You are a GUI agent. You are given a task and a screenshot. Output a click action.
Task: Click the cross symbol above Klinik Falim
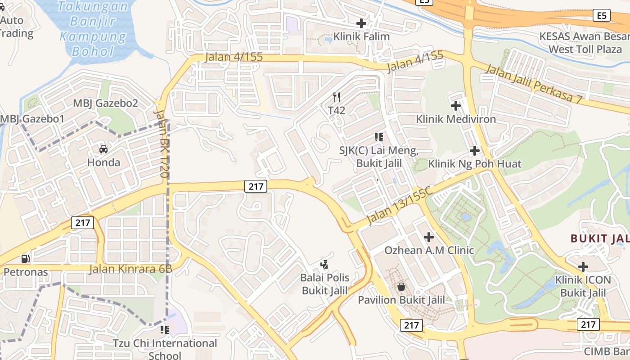(x=361, y=23)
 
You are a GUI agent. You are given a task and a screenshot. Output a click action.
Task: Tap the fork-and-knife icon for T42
(x=336, y=97)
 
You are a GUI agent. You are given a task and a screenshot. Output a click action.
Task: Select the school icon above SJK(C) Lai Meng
(x=379, y=137)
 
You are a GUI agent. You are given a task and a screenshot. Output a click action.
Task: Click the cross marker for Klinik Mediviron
(x=456, y=106)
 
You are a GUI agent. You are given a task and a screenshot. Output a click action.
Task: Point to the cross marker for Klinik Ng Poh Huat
(x=474, y=150)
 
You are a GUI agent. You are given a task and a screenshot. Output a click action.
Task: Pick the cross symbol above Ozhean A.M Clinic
(x=429, y=237)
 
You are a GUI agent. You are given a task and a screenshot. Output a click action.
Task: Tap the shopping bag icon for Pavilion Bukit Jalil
(x=401, y=287)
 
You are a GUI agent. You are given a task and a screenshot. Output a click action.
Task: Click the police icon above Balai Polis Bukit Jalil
(x=324, y=265)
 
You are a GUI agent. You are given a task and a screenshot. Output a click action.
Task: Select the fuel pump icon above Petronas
(x=26, y=259)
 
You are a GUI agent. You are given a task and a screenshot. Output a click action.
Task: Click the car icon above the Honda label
(x=103, y=149)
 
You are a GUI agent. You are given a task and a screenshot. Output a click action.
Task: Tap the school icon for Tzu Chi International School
(x=165, y=330)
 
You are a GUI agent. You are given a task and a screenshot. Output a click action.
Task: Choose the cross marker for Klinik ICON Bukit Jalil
(x=583, y=267)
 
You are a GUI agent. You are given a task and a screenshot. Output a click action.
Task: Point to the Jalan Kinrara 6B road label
(x=130, y=269)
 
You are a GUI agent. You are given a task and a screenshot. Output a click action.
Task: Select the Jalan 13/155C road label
(x=399, y=204)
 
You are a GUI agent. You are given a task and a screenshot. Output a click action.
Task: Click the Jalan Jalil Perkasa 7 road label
(x=534, y=84)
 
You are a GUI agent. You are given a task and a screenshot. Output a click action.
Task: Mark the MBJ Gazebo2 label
(x=105, y=103)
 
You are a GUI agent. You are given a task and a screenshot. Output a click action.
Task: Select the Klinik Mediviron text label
(x=456, y=119)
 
